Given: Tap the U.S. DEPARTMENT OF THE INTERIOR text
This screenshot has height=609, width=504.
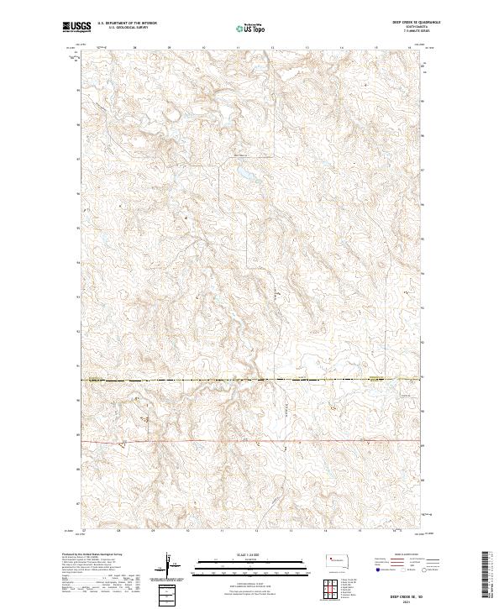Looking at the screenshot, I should tap(127, 23).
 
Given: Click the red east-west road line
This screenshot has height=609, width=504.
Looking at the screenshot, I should tap(252, 440).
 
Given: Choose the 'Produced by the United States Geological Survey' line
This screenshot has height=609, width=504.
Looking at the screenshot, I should tap(92, 554).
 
